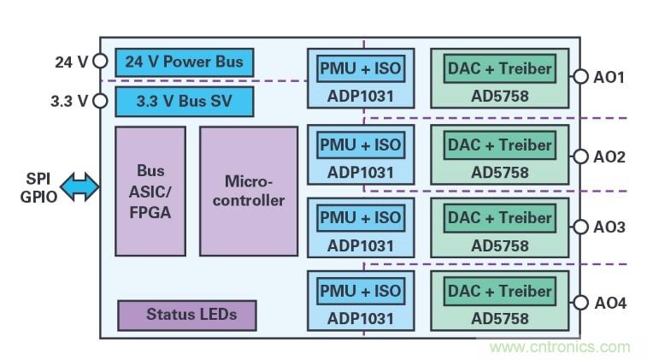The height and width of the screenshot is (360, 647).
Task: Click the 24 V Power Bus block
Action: (185, 62)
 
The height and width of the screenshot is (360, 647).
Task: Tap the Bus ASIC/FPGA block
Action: (150, 191)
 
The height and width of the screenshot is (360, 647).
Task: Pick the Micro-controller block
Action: (248, 191)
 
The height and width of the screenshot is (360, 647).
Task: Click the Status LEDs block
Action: (187, 315)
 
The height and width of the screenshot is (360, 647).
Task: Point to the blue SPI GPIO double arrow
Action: (80, 187)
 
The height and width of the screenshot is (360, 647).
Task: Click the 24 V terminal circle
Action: (100, 62)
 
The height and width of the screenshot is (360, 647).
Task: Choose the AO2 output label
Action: (609, 156)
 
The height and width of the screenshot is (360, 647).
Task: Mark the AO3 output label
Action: (609, 227)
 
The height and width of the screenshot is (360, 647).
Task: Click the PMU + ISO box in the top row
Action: (360, 68)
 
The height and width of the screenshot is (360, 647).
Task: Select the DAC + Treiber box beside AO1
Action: (500, 68)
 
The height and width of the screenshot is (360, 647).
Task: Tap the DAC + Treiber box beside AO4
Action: (500, 291)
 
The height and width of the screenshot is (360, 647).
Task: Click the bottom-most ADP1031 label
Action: (360, 318)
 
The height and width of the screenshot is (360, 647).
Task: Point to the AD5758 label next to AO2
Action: (500, 172)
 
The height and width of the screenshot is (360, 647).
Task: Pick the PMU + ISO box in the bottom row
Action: (360, 291)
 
